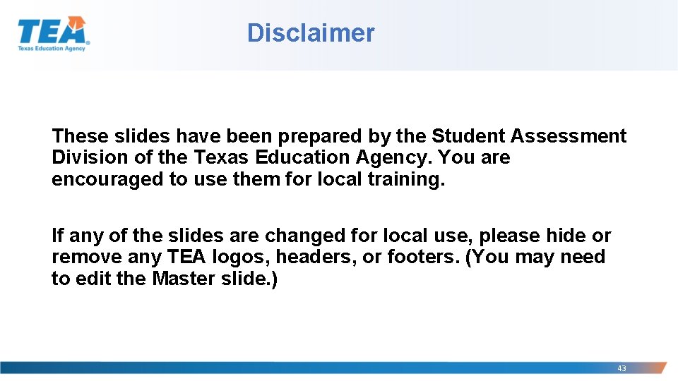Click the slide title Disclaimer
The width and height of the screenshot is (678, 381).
311,33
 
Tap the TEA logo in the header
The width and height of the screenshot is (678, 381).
53,34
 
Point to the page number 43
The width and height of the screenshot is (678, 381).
621,368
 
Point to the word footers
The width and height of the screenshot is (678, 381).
421,257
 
